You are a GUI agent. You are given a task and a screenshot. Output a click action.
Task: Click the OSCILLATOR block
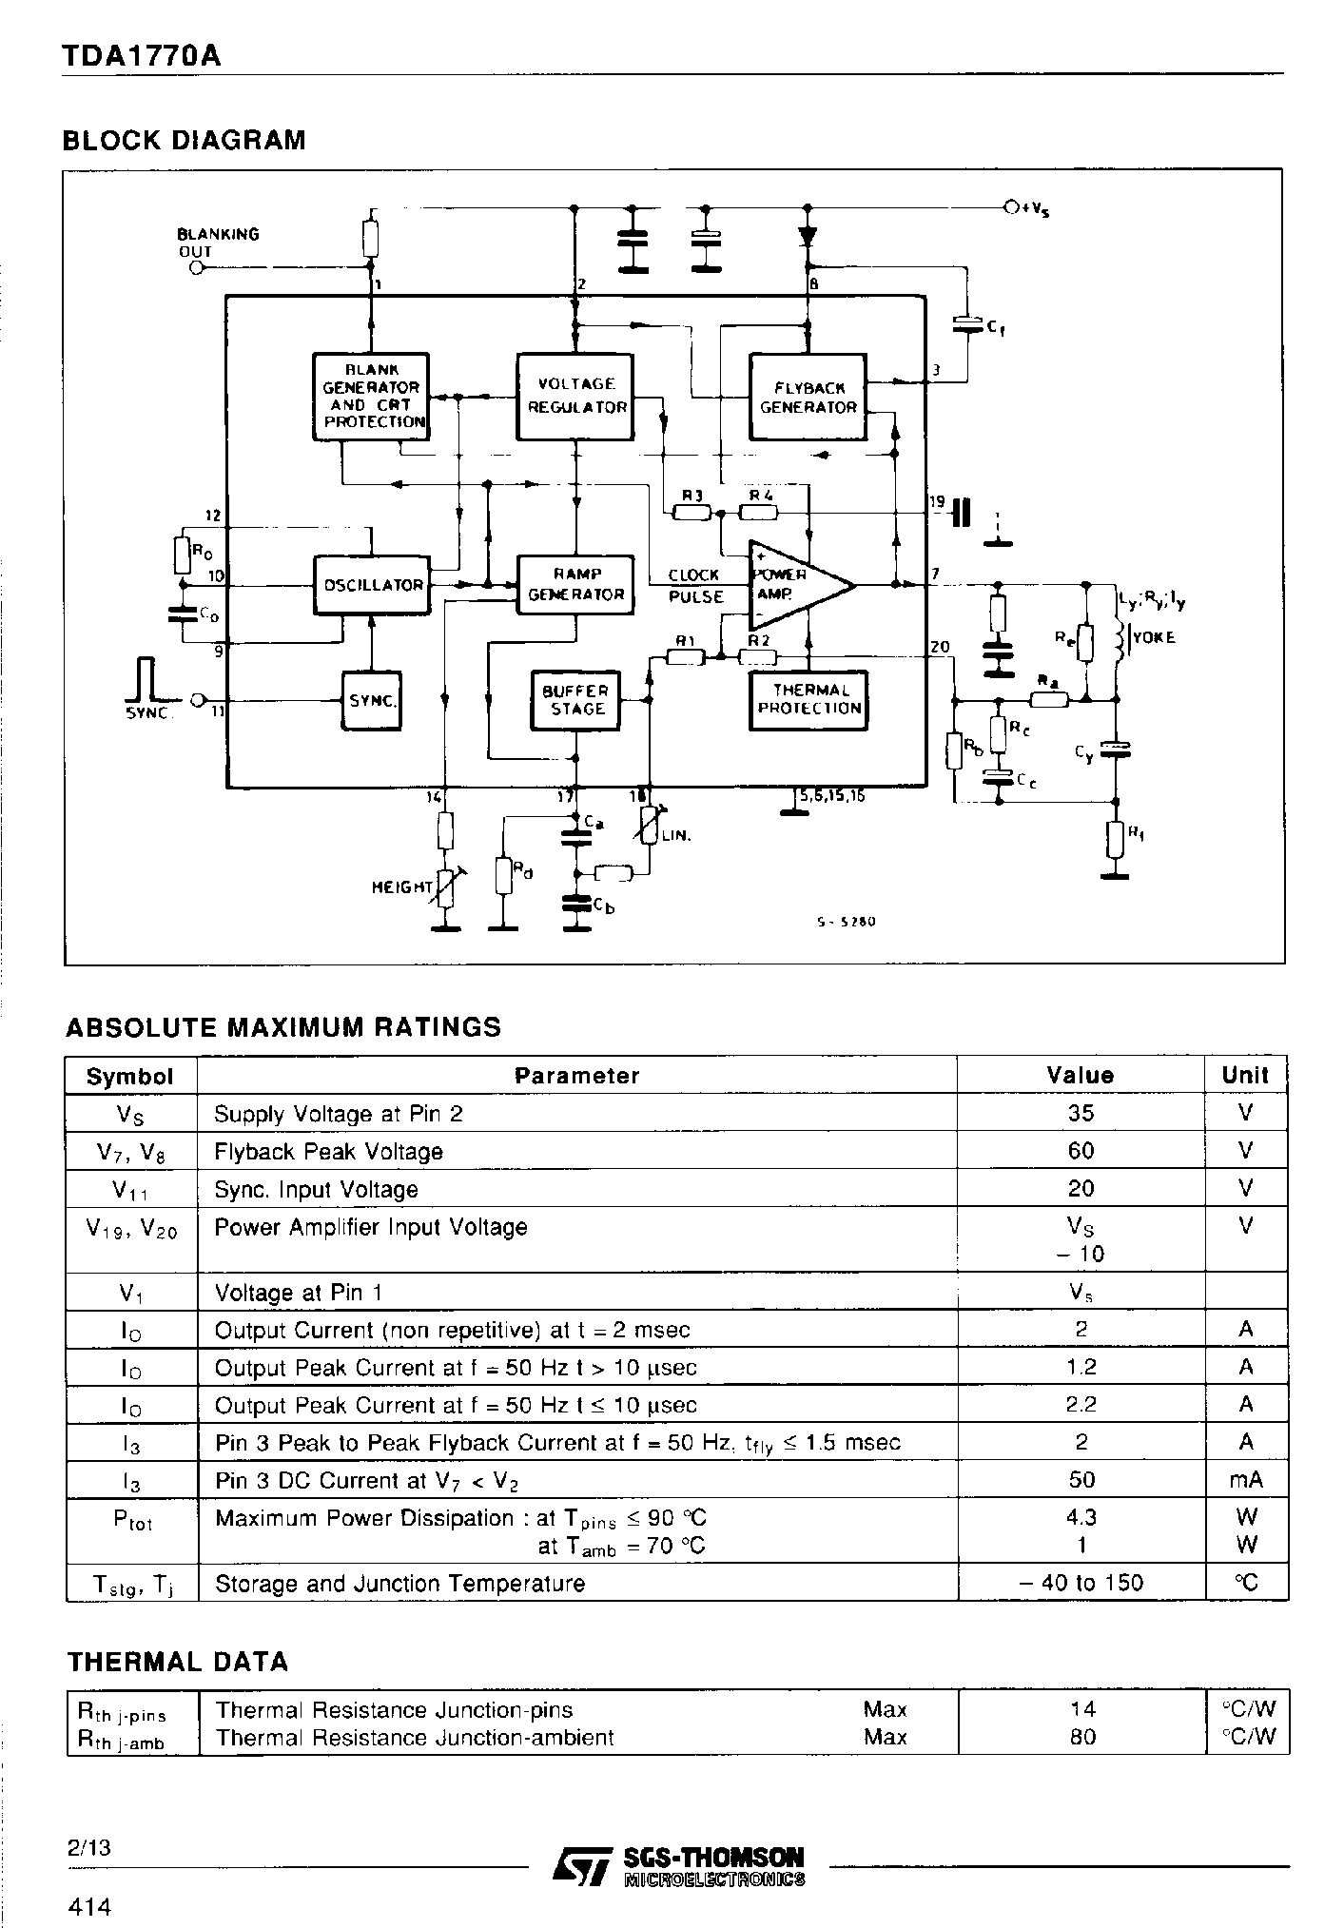pos(371,585)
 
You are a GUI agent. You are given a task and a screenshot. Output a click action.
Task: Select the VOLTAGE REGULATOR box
pos(575,396)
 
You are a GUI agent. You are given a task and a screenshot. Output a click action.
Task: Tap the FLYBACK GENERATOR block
pos(808,397)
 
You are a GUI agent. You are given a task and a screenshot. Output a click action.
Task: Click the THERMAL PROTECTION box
pos(808,700)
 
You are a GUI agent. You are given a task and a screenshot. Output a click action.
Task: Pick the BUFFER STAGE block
pos(575,700)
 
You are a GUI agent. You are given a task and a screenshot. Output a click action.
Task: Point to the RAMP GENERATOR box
pos(575,584)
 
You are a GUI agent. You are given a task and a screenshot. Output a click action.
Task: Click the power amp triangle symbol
pos(794,585)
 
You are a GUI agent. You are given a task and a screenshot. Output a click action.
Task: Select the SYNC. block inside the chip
pos(371,700)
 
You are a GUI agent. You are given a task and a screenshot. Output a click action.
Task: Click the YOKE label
pos(1154,637)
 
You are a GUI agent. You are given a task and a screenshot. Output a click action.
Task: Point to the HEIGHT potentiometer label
pos(402,886)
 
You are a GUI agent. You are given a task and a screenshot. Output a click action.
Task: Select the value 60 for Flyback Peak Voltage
pos(1081,1151)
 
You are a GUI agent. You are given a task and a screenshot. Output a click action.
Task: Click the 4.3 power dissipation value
pos(1081,1517)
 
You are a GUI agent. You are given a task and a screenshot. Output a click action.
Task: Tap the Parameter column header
pos(576,1076)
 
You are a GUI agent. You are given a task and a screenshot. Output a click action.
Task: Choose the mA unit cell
pos(1245,1480)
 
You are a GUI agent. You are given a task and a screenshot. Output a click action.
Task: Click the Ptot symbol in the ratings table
pos(131,1520)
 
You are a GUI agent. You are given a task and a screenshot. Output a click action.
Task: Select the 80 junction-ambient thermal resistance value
pos(1081,1737)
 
